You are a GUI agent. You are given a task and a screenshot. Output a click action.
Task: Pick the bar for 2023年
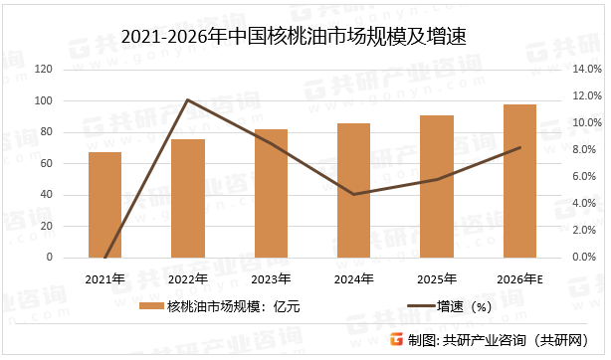271,193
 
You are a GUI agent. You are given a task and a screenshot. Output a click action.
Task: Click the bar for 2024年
353,190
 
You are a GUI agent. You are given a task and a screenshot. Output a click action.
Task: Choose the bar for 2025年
437,186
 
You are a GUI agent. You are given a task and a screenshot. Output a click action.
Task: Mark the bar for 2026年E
519,181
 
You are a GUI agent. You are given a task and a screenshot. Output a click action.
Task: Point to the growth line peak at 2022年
187,99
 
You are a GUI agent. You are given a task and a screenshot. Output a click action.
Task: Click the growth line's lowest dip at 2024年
353,194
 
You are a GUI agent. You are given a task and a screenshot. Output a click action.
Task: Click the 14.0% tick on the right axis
587,70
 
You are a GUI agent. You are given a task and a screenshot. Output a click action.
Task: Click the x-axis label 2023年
271,277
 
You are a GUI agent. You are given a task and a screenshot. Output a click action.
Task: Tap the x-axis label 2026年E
519,277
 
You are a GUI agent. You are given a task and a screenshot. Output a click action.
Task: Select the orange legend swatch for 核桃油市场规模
151,306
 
